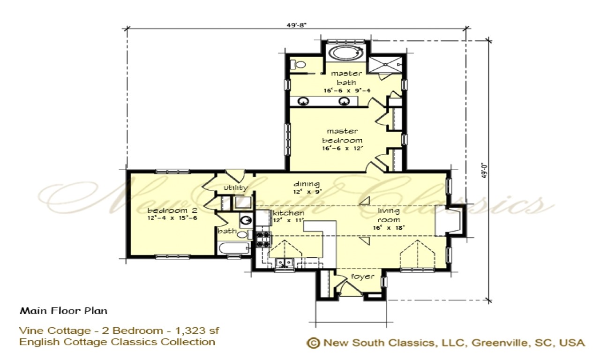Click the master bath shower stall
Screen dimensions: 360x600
tap(384, 64)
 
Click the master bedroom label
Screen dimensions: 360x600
tap(342, 136)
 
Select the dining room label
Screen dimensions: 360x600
tap(307, 184)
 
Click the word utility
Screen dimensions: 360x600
tap(235, 188)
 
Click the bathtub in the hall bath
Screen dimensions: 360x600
tap(232, 248)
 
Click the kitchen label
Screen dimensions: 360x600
tap(288, 213)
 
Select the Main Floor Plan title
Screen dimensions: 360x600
tap(63, 311)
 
